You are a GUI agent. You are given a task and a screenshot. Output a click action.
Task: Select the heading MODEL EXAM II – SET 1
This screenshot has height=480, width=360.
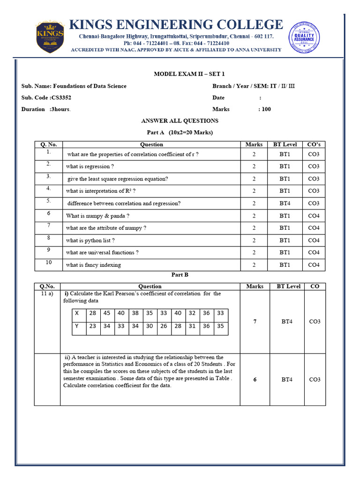[x=180, y=74]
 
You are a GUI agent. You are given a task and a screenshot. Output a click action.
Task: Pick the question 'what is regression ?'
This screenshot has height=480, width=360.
[x=90, y=166]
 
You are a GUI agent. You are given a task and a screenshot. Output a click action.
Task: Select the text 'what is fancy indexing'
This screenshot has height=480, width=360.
[x=93, y=265]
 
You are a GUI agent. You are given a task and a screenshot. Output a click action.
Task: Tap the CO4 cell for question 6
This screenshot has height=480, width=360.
[x=314, y=216]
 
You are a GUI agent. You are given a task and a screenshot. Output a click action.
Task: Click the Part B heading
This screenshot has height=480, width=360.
[x=180, y=275]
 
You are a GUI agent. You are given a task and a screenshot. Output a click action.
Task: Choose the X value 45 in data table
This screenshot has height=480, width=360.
[x=107, y=313]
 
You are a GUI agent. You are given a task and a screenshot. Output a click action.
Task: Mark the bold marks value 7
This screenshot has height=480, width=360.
[x=255, y=322]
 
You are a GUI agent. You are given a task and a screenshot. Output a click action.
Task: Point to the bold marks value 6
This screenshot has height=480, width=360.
[x=255, y=380]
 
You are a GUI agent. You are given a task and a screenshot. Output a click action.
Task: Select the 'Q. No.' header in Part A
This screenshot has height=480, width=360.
[x=48, y=144]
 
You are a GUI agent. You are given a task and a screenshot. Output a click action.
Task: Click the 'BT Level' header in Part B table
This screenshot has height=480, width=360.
[x=288, y=286]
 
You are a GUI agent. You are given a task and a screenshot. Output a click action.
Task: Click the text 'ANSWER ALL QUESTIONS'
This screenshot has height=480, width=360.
[x=180, y=121]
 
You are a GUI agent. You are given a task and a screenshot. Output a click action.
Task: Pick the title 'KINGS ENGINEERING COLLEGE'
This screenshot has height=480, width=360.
[x=176, y=24]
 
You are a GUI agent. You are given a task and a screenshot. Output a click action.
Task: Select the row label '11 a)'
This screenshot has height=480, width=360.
[x=47, y=294]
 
